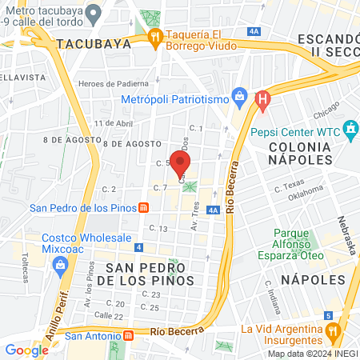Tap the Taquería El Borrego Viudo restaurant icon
pos(154,37)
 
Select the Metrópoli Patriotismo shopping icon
pos(238,99)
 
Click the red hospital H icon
pos(262,100)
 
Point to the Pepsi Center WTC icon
pos(350,128)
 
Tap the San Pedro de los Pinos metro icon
pos(143,208)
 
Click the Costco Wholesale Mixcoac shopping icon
pos(61,269)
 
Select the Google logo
pos(26,350)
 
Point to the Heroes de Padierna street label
pos(113,84)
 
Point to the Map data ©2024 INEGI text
pos(311,354)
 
